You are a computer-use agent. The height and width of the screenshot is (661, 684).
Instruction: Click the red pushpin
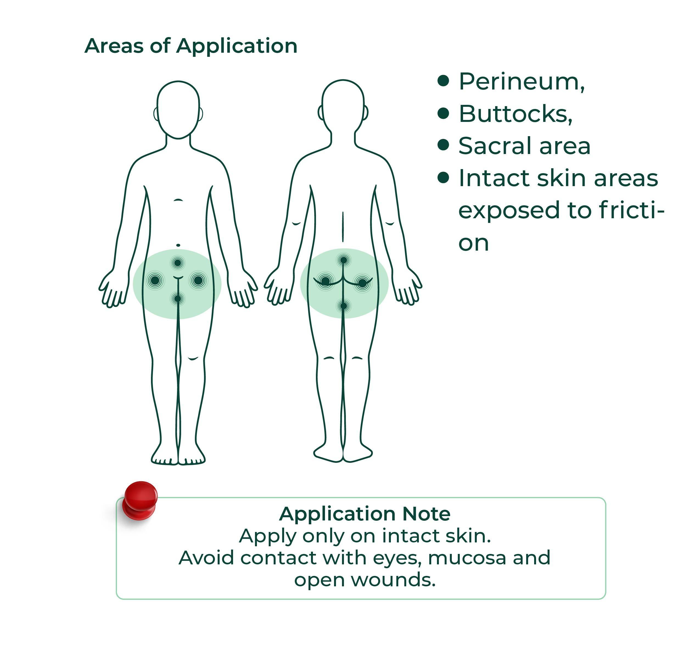tap(140, 500)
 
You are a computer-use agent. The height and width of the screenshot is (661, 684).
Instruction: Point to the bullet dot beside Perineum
tap(443, 81)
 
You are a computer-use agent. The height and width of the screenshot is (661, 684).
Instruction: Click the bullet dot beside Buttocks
tap(443, 113)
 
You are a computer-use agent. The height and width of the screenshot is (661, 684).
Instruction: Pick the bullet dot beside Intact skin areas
tap(443, 178)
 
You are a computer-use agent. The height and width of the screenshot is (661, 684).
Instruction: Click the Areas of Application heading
tap(191, 46)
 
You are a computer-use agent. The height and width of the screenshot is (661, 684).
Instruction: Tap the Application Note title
tap(365, 514)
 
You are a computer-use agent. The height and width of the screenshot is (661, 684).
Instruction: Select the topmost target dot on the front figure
tap(178, 262)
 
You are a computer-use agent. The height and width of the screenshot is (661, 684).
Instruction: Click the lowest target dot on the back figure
tap(343, 306)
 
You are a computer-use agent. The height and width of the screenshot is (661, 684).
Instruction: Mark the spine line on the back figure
tap(343, 226)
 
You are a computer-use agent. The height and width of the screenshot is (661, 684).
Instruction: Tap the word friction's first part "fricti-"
tap(632, 210)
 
